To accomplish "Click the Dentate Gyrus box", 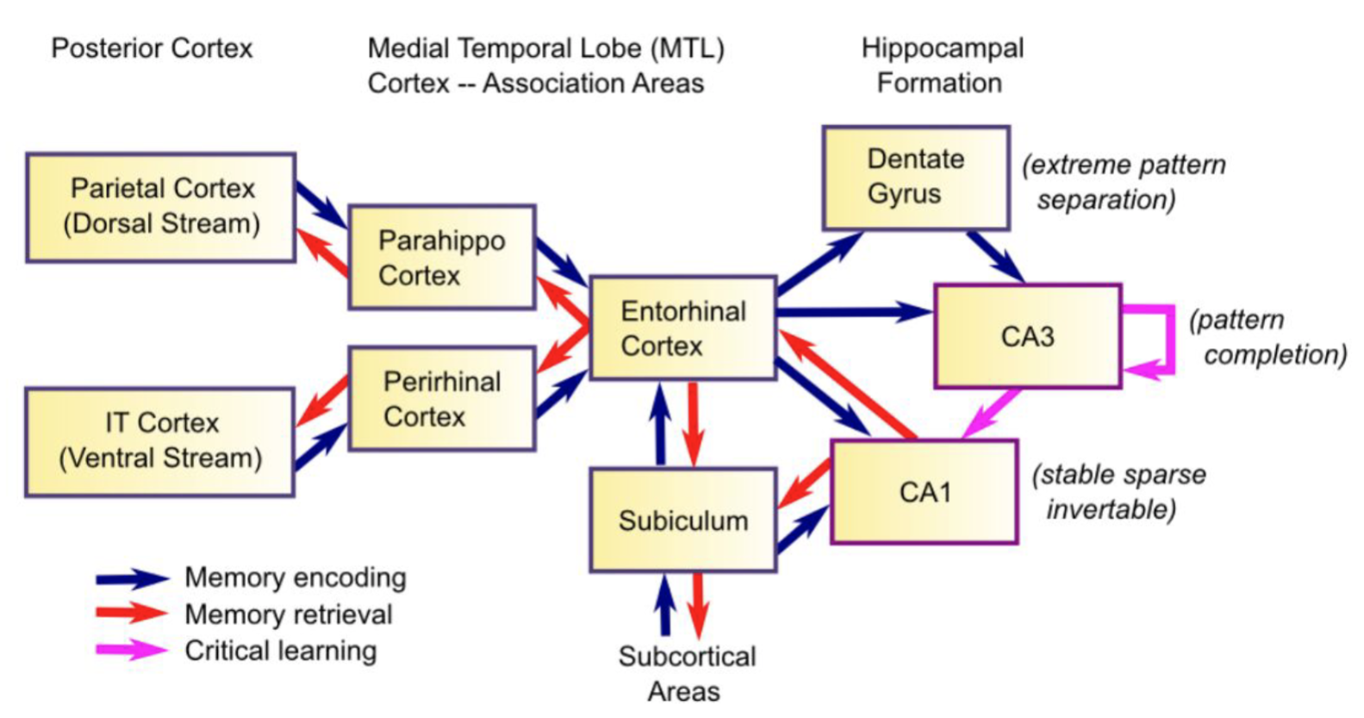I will point(915,178).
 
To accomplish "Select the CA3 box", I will point(1027,336).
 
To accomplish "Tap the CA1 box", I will point(924,492).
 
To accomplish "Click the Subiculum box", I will point(682,521).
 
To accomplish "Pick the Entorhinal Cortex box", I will point(682,328).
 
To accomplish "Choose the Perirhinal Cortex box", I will point(442,399).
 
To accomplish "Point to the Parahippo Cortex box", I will point(442,257).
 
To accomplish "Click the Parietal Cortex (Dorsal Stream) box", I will point(161,207).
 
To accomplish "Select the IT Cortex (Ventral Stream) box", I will point(160,441).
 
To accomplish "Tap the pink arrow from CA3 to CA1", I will point(992,413).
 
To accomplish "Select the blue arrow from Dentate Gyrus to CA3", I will point(995,256).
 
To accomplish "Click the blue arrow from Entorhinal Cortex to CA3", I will point(853,312).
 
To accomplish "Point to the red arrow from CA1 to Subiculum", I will point(803,484).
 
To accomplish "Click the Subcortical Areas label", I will point(686,674).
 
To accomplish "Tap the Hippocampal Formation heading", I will point(942,66).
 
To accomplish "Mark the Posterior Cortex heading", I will point(153,48).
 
